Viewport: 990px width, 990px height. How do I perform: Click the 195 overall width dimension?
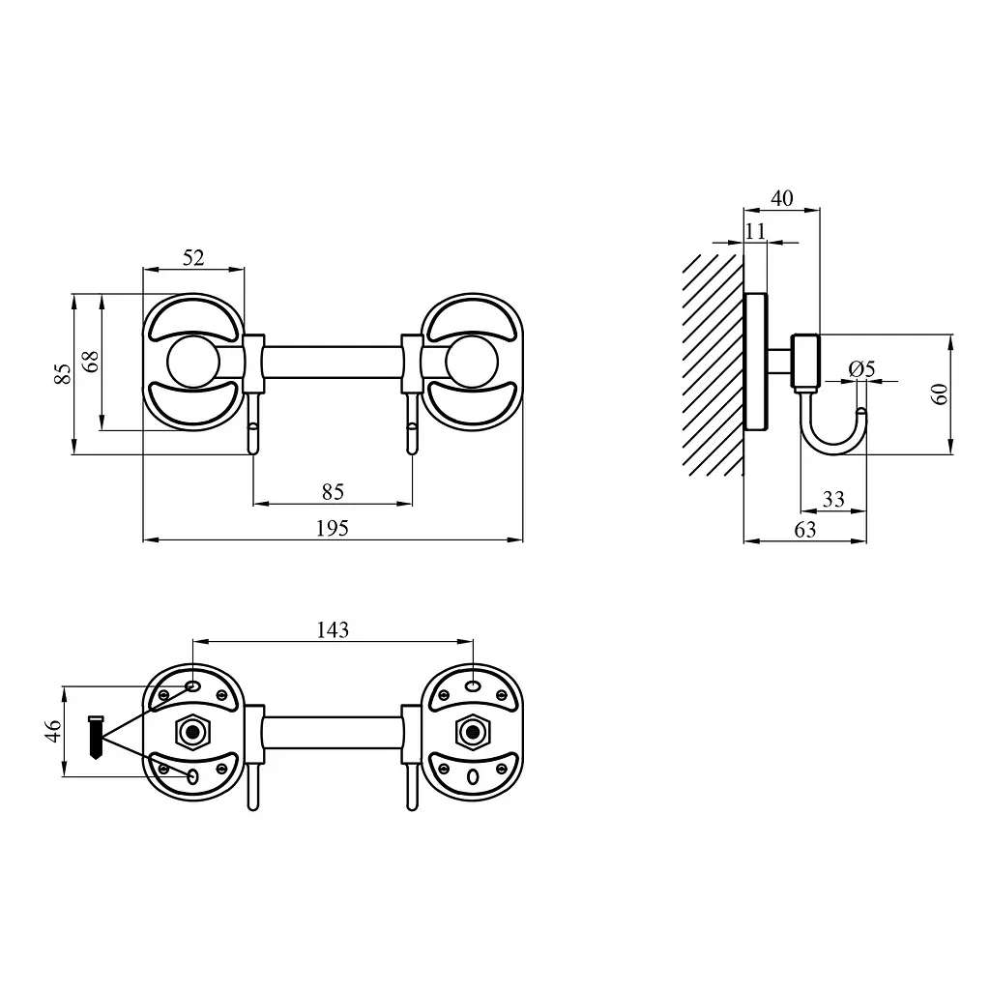tap(333, 528)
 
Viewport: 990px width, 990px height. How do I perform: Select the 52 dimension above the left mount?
tap(193, 257)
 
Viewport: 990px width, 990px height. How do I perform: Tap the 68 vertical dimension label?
tap(91, 362)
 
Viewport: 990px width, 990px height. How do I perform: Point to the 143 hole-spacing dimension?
tap(333, 629)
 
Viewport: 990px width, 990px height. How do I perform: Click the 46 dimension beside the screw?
tap(53, 731)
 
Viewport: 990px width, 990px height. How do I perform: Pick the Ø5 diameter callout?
tap(862, 368)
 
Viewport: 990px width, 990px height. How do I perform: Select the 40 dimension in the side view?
tap(781, 198)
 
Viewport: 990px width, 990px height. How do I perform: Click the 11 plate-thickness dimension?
tap(755, 231)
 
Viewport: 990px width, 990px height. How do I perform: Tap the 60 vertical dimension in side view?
tap(940, 394)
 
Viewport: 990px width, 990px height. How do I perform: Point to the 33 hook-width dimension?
tap(833, 500)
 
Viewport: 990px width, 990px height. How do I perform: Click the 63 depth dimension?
tap(805, 530)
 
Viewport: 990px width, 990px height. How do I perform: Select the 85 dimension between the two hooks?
tap(333, 492)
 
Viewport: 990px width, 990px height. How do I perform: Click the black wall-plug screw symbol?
tap(96, 737)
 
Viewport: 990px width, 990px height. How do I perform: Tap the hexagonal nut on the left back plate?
tap(192, 733)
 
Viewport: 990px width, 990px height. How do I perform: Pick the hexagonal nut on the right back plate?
tap(472, 733)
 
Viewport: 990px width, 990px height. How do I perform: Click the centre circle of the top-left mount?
tap(193, 362)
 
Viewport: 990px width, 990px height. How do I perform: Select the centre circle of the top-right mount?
tap(472, 362)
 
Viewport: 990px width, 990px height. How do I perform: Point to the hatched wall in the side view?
tap(713, 364)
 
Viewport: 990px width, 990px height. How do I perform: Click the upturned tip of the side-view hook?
tap(861, 412)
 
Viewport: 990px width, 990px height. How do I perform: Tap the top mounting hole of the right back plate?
tap(472, 686)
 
